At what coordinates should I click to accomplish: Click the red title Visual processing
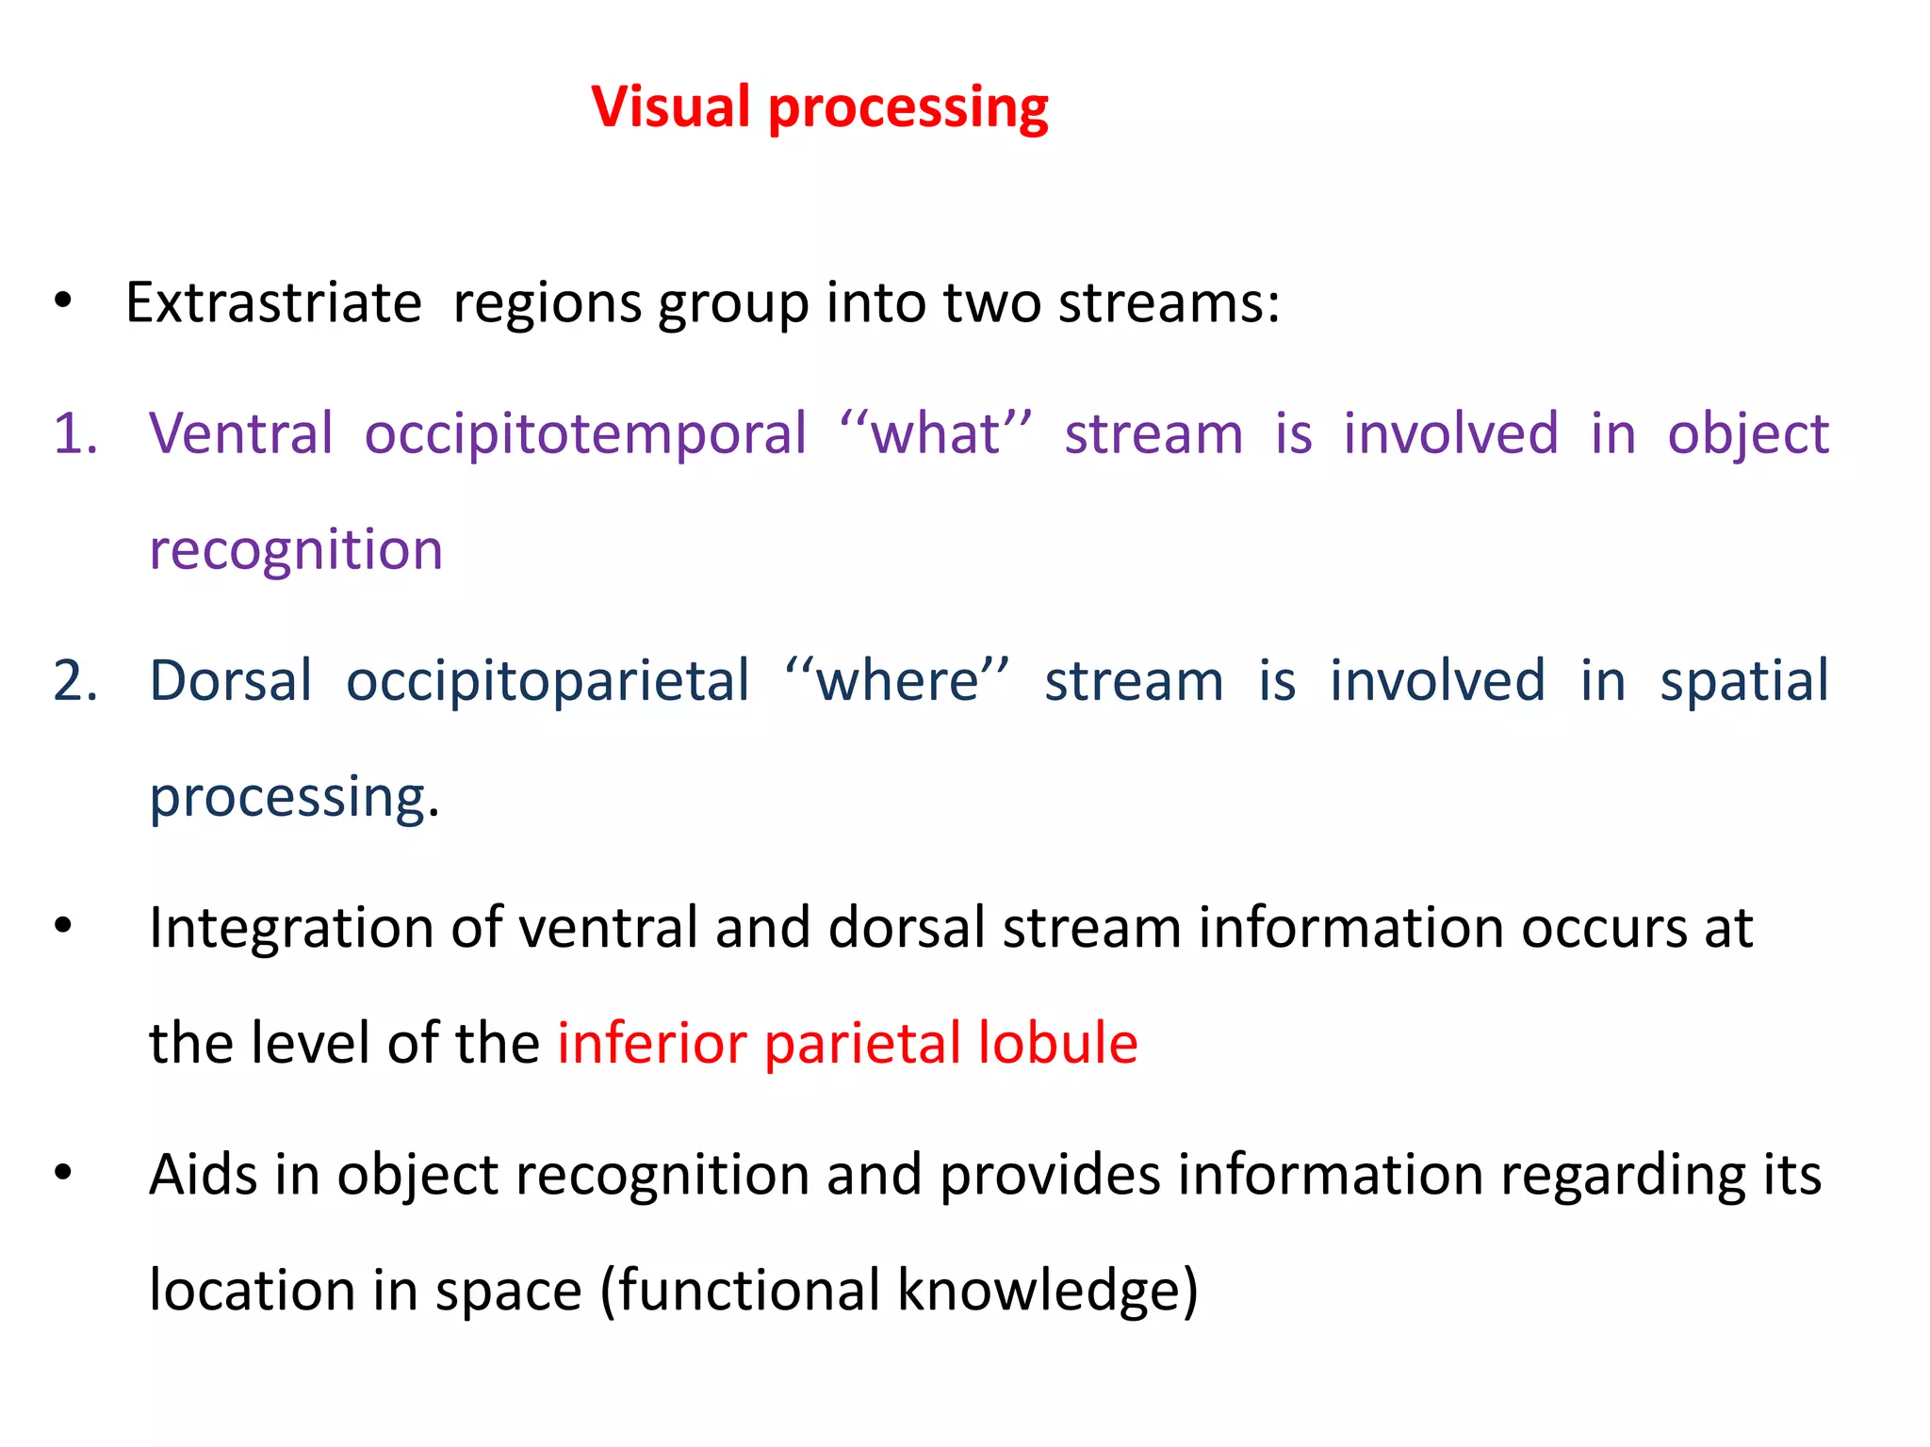(819, 106)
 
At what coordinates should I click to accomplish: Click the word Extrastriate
(273, 303)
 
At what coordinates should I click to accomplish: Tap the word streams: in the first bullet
(1169, 303)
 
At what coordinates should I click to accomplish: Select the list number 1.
(75, 434)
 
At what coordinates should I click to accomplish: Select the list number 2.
(75, 681)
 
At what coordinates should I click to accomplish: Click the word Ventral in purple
(241, 434)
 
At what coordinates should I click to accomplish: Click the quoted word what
(935, 434)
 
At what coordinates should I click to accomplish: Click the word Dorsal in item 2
(231, 681)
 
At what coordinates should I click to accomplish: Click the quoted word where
(897, 681)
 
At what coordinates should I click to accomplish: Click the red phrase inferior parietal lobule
(847, 1044)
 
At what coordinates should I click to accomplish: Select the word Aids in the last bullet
(203, 1175)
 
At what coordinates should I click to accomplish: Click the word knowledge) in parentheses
(1047, 1291)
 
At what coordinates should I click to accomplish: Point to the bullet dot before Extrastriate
(63, 301)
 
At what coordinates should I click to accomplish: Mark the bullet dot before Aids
(63, 1173)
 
